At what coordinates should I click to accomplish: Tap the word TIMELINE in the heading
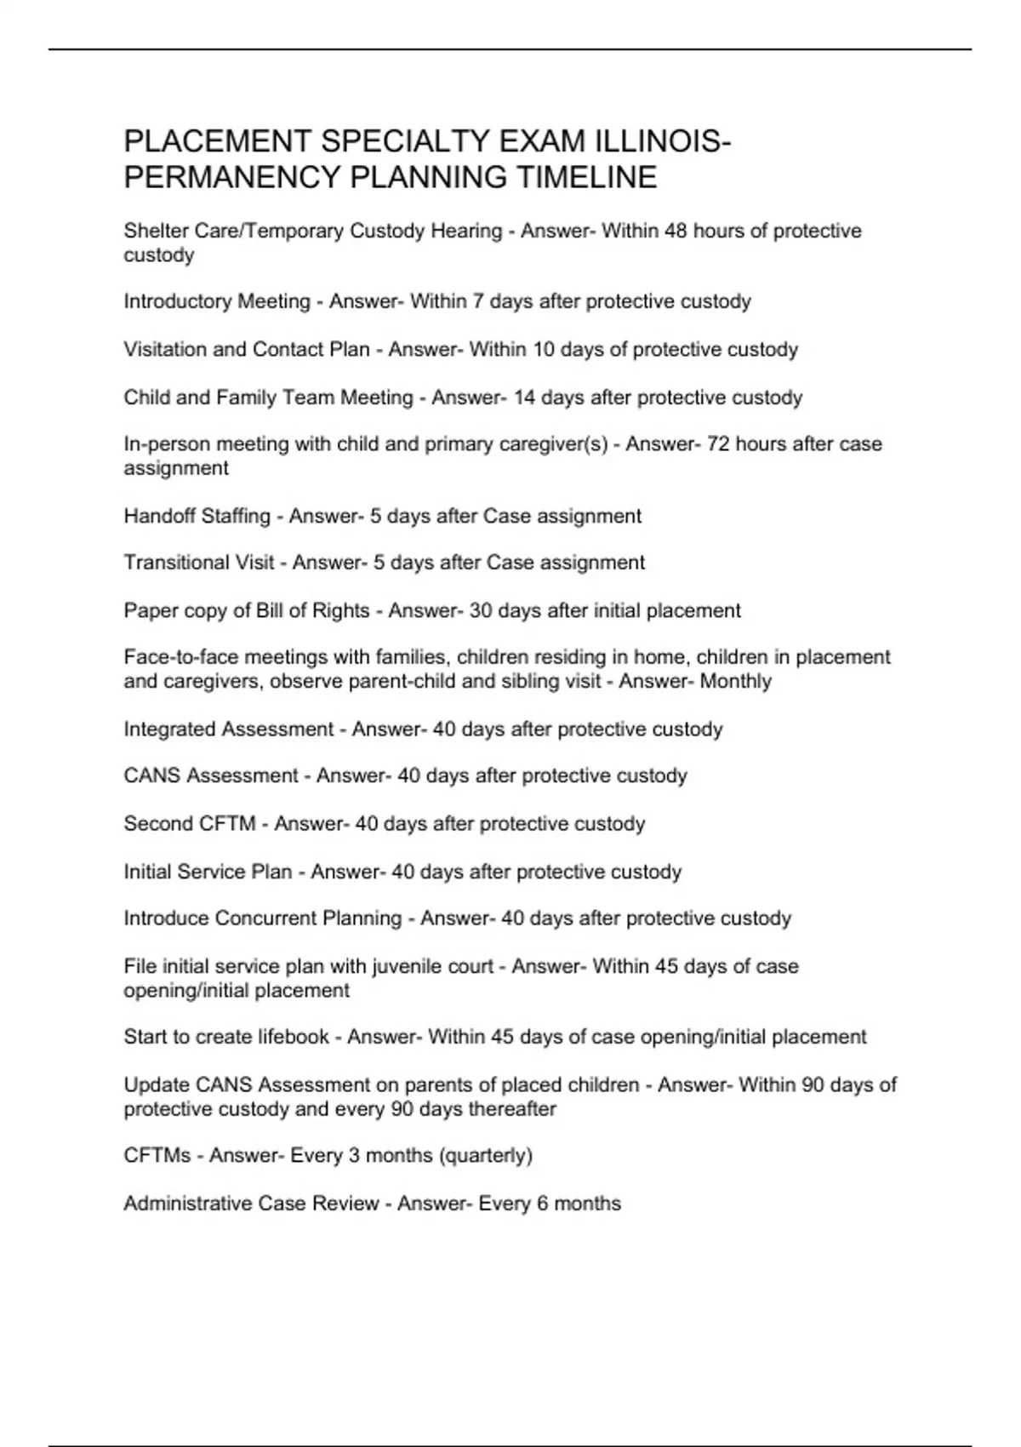click(x=587, y=177)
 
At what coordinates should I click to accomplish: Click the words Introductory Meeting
click(x=217, y=301)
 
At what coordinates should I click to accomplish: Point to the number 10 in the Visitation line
click(x=544, y=349)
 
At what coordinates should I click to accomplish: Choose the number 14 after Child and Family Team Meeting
click(x=524, y=397)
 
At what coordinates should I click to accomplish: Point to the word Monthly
click(x=736, y=681)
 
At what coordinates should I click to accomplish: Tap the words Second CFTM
click(x=190, y=824)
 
